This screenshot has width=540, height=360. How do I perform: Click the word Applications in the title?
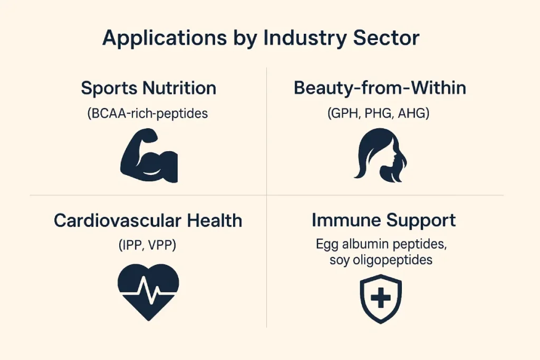click(165, 38)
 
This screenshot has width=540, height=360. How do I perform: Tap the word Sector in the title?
click(387, 37)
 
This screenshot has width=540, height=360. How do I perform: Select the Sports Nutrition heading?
click(148, 89)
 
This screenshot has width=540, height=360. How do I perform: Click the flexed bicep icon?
click(149, 155)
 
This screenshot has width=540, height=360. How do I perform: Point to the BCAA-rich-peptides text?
click(148, 113)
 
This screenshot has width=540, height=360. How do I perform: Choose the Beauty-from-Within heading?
click(380, 88)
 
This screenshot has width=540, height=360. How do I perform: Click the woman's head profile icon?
click(380, 155)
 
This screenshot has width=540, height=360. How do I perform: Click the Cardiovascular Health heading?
click(148, 221)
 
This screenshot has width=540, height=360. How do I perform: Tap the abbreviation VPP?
click(162, 246)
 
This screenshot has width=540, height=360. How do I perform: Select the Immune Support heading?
click(384, 221)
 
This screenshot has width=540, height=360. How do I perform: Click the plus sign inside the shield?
click(381, 298)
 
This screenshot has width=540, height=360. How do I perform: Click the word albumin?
click(365, 244)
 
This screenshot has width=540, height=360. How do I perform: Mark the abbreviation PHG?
click(379, 113)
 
